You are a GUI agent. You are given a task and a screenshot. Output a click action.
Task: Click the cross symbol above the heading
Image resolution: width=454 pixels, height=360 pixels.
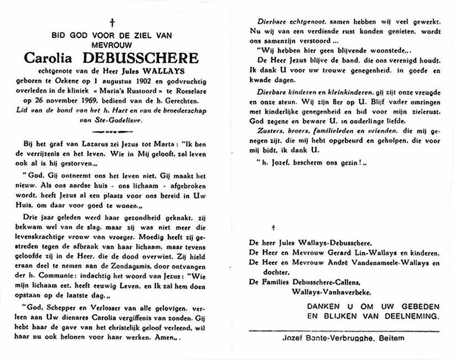click(112, 23)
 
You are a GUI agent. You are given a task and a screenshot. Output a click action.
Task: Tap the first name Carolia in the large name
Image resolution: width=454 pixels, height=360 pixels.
click(49, 57)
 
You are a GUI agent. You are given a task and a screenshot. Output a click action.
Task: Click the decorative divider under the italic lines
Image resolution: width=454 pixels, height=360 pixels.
click(112, 132)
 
